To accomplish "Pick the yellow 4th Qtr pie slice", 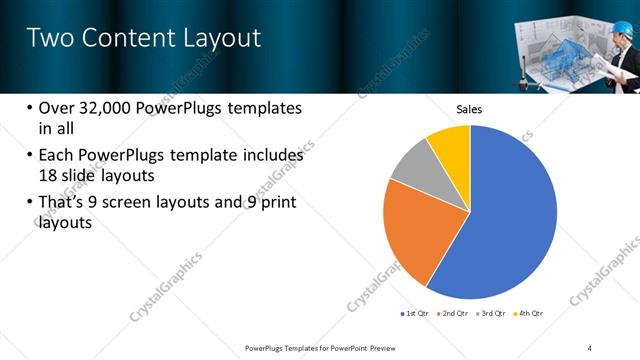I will click(x=451, y=149).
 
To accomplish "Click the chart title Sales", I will click(x=470, y=109).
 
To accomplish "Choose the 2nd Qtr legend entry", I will click(x=456, y=314).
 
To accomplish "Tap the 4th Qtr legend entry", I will click(x=530, y=314).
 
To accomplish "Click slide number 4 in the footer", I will click(x=590, y=347).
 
